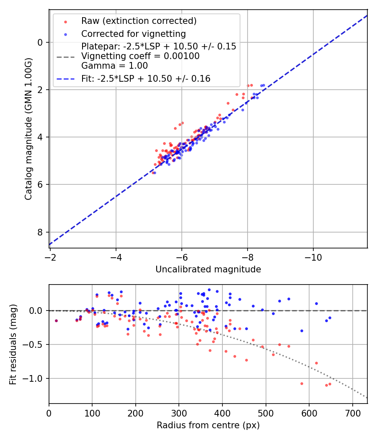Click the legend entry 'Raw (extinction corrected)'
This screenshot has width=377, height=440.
point(139,21)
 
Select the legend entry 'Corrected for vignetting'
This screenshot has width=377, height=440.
point(133,34)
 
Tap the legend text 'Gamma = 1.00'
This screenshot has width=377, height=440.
point(114,66)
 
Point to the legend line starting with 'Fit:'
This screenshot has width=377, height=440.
point(145,78)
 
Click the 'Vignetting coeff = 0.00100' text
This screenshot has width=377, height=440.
point(140,56)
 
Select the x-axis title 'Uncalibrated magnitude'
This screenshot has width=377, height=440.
point(208,269)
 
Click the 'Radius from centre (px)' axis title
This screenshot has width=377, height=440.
point(208,425)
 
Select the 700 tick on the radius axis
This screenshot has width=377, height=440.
point(352,412)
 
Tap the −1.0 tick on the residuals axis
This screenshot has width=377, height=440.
point(36,378)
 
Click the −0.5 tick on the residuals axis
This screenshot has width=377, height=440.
point(36,344)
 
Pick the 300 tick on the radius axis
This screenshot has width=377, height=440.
point(179,412)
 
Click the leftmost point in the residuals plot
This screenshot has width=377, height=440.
point(56,321)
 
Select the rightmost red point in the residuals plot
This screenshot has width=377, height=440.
point(330,384)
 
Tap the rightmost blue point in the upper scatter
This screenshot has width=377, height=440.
point(263,85)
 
